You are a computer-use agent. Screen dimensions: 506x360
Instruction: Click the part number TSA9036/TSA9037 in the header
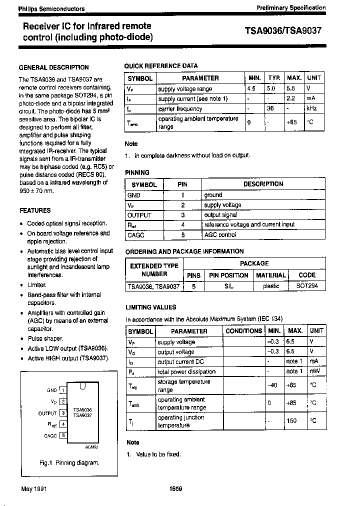tap(283, 30)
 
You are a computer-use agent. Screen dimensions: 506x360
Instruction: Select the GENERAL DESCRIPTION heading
tap(53, 67)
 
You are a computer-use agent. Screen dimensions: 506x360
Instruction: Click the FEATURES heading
tap(34, 210)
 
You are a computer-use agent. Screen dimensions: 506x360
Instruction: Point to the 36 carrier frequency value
tap(270, 108)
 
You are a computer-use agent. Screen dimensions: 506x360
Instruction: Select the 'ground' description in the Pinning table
tap(213, 195)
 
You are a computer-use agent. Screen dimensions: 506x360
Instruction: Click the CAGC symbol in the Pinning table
tap(136, 234)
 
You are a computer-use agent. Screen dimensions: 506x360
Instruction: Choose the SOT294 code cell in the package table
tap(307, 286)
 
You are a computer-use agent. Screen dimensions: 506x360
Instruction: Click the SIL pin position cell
tap(228, 286)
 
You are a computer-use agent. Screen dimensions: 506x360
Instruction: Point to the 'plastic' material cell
tap(271, 286)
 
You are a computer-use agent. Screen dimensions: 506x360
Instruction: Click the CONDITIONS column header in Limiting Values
tap(243, 331)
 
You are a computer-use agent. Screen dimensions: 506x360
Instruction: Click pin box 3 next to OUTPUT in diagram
tap(63, 413)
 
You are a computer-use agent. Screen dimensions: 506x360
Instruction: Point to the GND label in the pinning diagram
tap(52, 390)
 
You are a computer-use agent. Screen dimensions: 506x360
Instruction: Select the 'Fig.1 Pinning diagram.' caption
tap(69, 463)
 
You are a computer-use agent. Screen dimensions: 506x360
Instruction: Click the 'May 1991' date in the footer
tap(33, 488)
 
